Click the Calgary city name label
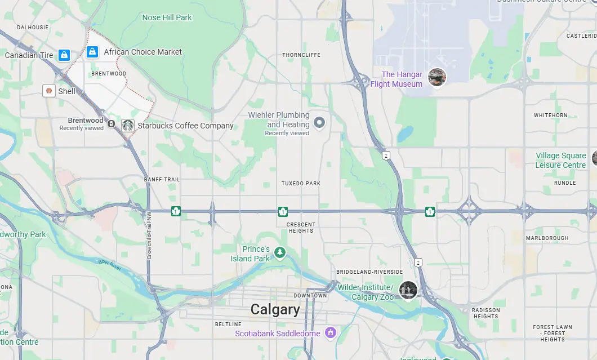pyautogui.click(x=275, y=309)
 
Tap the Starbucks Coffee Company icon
pyautogui.click(x=128, y=126)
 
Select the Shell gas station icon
pyautogui.click(x=49, y=91)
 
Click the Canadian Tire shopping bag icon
pyautogui.click(x=64, y=55)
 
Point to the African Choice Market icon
pyautogui.click(x=92, y=52)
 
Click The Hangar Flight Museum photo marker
pyautogui.click(x=437, y=78)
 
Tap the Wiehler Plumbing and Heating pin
pyautogui.click(x=319, y=122)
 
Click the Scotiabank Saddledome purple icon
pyautogui.click(x=331, y=333)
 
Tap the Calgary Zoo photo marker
pyautogui.click(x=408, y=290)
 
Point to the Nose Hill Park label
pyautogui.click(x=167, y=17)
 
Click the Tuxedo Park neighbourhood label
pyautogui.click(x=301, y=184)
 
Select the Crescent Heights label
pyautogui.click(x=301, y=227)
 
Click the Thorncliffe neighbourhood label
pyautogui.click(x=301, y=55)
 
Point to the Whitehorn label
pyautogui.click(x=550, y=115)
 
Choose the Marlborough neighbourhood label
pyautogui.click(x=547, y=238)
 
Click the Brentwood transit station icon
pyautogui.click(x=111, y=124)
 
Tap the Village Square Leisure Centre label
pyautogui.click(x=560, y=160)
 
